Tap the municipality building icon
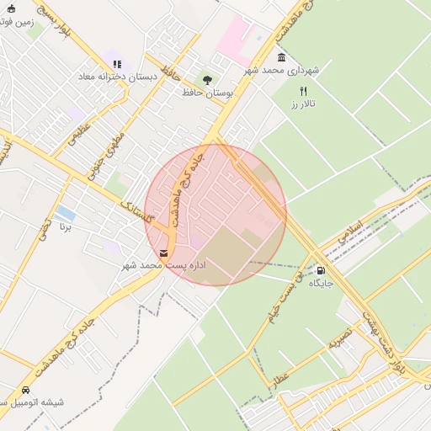(281, 57)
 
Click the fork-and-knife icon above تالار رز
(303, 91)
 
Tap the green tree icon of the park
(208, 78)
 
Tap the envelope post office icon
(163, 253)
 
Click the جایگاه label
(321, 284)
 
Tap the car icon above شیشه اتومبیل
(26, 390)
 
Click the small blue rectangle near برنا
(64, 213)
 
